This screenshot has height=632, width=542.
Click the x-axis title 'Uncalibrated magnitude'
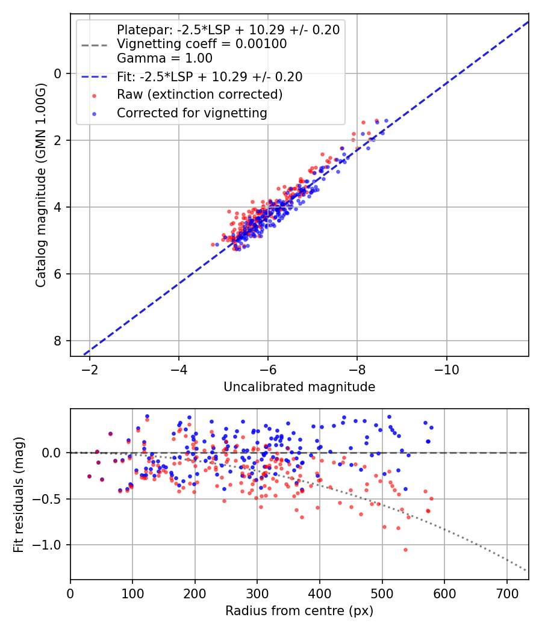tap(299, 387)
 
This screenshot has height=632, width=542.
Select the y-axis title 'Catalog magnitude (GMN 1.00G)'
tap(40, 185)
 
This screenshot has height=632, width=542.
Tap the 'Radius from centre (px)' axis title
tap(299, 611)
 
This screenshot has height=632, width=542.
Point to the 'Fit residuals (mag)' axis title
tap(19, 494)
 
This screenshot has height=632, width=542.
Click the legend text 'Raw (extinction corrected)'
tap(199, 94)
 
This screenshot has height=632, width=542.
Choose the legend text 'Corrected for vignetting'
tap(192, 113)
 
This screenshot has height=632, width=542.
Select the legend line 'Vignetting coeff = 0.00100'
tap(202, 44)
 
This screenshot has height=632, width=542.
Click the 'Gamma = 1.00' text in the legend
tap(164, 58)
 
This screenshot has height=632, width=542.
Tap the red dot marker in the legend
tap(94, 95)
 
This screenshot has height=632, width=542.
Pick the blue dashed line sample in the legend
tap(94, 77)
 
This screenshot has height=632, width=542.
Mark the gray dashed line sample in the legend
tap(94, 45)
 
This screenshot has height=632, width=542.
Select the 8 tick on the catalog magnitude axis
tap(58, 341)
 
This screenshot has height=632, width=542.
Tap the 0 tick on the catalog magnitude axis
tap(58, 73)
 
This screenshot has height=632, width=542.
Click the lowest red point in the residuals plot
tap(405, 550)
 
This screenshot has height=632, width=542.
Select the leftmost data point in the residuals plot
tap(89, 476)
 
